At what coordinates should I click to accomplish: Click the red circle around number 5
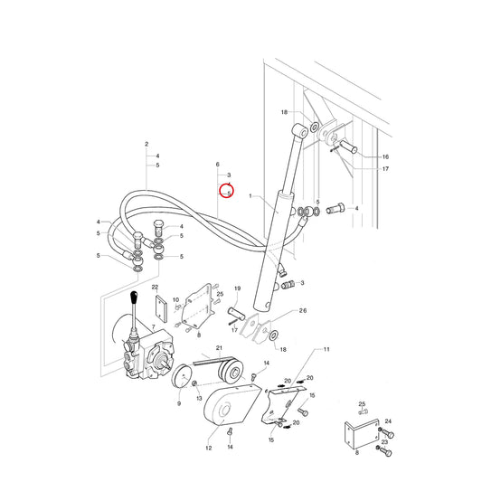227,191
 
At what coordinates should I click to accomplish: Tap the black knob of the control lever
134,298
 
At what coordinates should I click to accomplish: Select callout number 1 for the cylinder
250,196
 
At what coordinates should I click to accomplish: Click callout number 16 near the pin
385,156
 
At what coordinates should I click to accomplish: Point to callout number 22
155,287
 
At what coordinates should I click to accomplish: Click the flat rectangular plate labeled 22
161,308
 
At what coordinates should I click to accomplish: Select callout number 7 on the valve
154,326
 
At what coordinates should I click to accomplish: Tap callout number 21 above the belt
219,348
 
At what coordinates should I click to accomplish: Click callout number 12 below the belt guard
209,448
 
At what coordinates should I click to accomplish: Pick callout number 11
326,349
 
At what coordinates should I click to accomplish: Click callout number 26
303,310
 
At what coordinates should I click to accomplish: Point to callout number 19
237,288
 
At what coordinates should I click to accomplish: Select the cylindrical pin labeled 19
236,314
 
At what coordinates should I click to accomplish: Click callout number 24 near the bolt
388,421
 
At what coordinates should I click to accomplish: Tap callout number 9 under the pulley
179,403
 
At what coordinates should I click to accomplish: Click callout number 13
199,398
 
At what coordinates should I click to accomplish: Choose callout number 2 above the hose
146,144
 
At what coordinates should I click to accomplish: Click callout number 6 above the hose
218,165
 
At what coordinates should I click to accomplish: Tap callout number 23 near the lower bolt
385,442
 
